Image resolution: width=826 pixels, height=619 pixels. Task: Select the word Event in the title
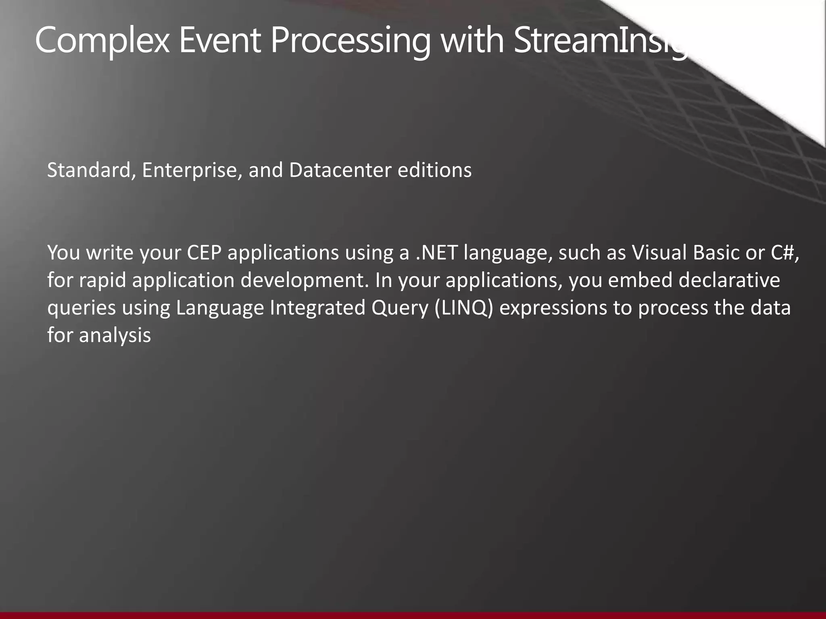220,40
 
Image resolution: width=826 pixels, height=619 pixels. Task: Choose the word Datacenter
340,170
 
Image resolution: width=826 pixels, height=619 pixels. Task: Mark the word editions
434,170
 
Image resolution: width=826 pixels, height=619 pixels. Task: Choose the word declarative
729,280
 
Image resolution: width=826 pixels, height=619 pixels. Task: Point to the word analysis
115,335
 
